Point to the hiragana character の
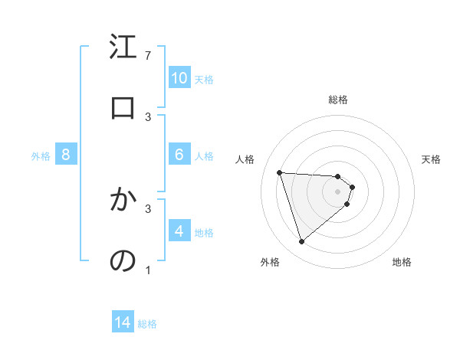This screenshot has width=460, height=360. [123, 261]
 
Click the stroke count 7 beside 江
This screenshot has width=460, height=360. [148, 56]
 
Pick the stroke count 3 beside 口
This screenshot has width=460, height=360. [148, 116]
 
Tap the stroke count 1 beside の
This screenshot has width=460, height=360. [148, 270]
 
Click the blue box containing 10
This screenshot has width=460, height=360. [179, 78]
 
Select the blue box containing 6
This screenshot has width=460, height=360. [179, 155]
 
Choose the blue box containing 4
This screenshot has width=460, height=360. [179, 231]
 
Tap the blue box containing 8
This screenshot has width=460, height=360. [66, 155]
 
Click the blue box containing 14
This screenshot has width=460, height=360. [123, 323]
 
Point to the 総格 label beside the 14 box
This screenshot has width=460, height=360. [148, 324]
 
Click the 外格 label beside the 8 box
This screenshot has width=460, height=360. [41, 156]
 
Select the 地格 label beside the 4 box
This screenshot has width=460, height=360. [204, 233]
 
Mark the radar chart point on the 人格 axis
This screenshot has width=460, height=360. [280, 172]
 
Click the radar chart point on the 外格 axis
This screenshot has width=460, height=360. [301, 242]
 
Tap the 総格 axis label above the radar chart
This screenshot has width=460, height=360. [338, 100]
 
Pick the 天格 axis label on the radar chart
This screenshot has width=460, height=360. [432, 159]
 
